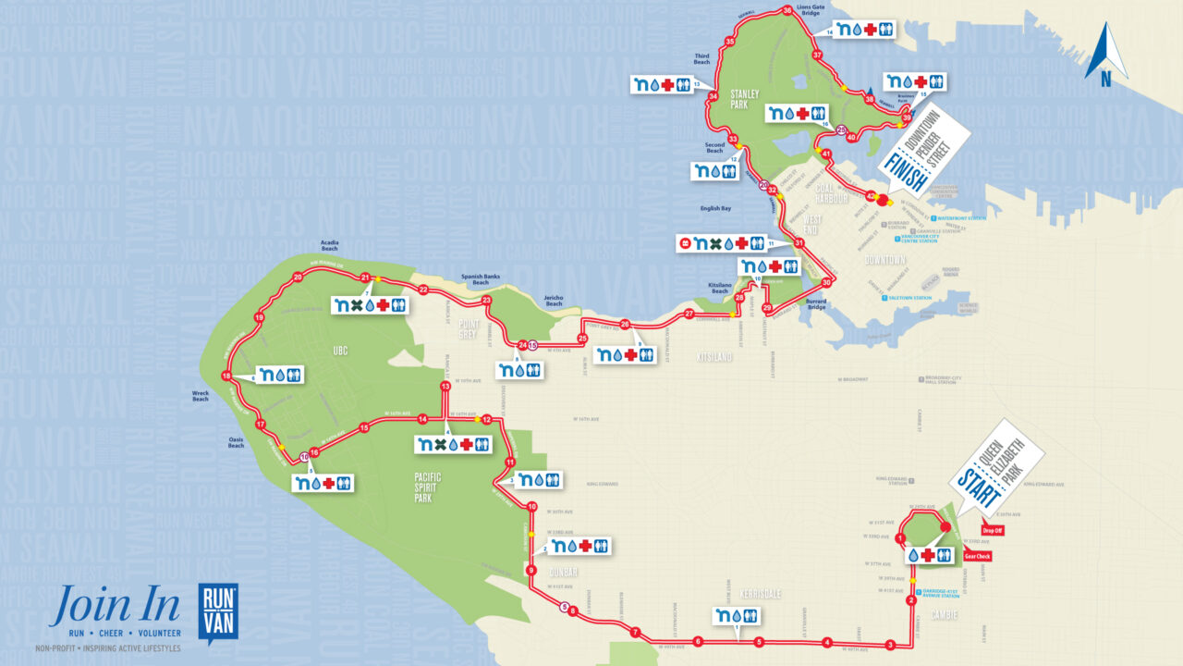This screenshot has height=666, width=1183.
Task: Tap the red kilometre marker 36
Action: pos(787,11)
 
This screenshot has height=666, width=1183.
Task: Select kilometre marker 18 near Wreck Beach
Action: pos(226,375)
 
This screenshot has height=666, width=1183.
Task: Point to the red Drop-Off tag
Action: pos(993,531)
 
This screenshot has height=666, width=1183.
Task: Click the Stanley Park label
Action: pos(744,99)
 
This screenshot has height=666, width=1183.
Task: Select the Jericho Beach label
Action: pos(554,301)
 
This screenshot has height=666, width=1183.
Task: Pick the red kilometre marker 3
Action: pos(890,645)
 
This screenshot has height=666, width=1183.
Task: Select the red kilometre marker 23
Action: pos(486,301)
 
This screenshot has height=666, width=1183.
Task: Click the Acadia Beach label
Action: pos(329,246)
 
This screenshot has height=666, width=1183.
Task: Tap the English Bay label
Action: pos(715,209)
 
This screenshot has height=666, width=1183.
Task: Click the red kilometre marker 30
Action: pos(826,283)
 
